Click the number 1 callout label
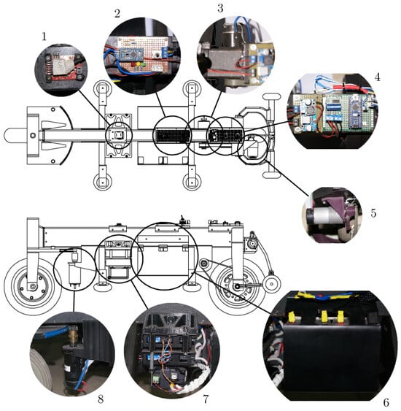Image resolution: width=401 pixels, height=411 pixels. pos(44,34)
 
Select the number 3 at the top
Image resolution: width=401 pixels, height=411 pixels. pos(220,8)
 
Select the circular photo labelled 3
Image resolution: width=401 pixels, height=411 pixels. pos(234,49)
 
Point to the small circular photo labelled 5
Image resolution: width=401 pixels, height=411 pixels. pos(332,215)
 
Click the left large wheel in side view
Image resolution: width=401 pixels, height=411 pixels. pos(31,287)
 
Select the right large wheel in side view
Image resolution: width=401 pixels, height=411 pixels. pos(237,287)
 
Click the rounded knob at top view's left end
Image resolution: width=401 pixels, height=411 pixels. pos(12,135)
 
